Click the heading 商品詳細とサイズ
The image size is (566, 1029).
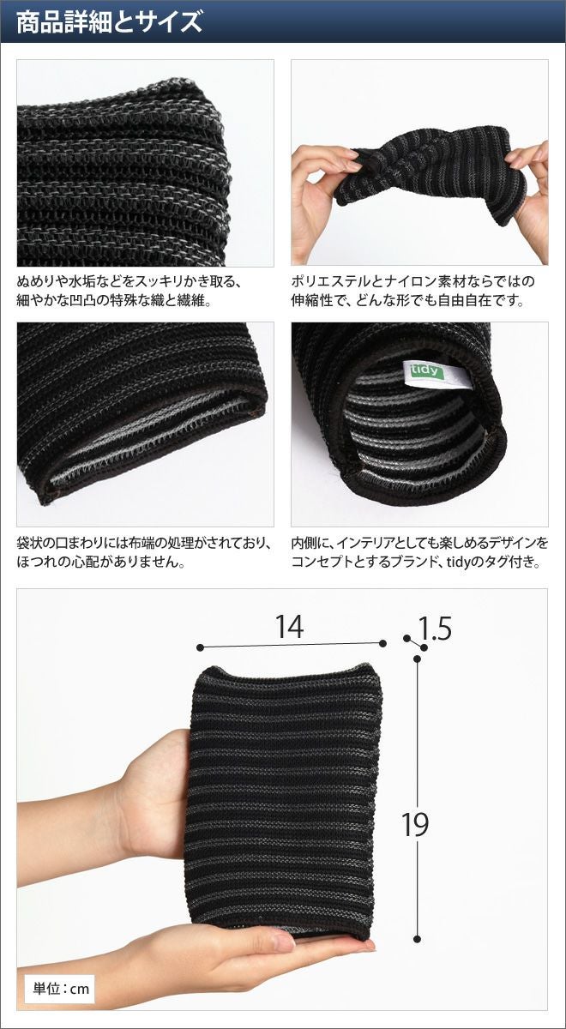click(x=109, y=21)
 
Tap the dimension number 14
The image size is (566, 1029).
click(x=290, y=626)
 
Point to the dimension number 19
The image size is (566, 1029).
click(x=415, y=824)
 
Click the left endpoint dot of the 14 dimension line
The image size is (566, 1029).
click(x=200, y=647)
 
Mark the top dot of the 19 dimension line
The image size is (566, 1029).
click(x=417, y=659)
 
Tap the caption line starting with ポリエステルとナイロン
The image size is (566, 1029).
click(x=413, y=281)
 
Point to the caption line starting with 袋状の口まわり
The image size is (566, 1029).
click(x=144, y=544)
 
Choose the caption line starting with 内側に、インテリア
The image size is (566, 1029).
click(x=420, y=544)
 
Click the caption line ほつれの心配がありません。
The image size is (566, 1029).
click(x=100, y=563)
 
